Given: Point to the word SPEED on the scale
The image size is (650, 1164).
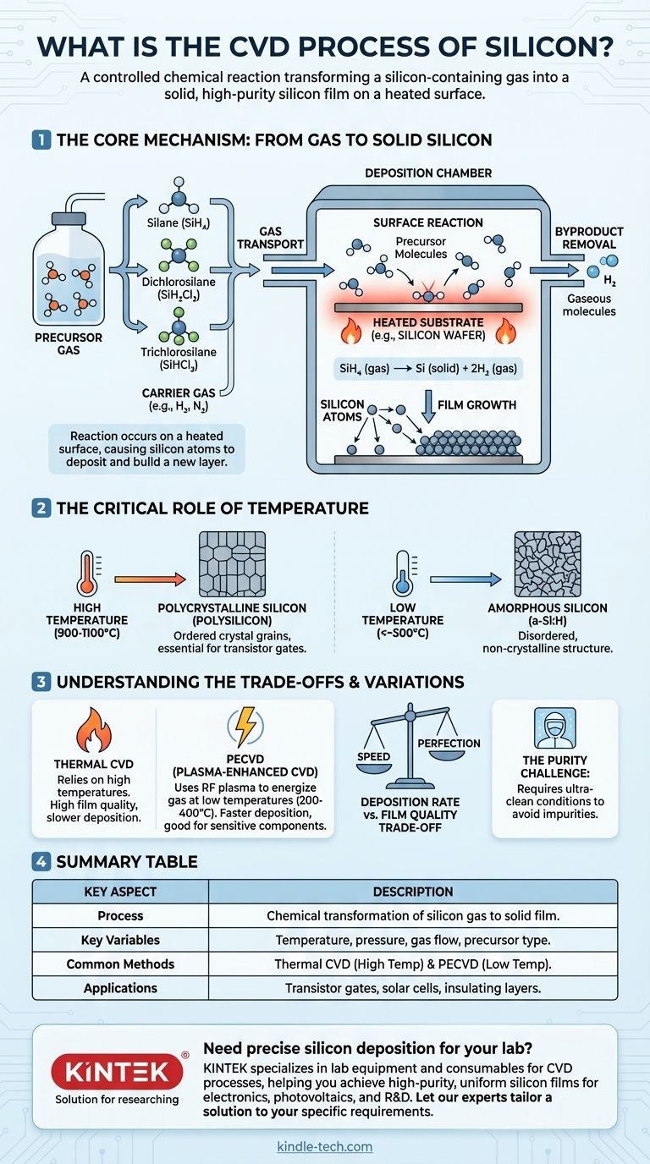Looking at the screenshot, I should (374, 756).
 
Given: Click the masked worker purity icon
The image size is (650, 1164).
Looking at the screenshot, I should (554, 727).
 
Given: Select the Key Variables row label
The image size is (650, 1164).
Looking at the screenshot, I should (120, 940).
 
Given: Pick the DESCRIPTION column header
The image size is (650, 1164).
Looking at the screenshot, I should (413, 892).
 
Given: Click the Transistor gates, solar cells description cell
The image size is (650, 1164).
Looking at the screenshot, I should (413, 987).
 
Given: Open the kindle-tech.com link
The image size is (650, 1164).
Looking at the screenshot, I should (325, 1146).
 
